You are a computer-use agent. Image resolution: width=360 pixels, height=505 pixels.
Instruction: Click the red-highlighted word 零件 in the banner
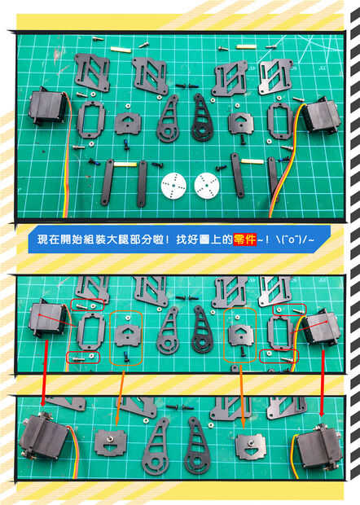(x=245, y=239)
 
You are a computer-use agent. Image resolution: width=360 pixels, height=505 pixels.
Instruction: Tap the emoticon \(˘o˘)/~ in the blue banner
(x=296, y=239)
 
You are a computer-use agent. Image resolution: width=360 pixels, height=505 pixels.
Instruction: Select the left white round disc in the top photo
(x=173, y=186)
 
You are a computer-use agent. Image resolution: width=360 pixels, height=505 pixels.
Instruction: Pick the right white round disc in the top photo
(x=207, y=185)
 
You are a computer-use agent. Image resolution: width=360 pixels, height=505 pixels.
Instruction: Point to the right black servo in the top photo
(x=321, y=116)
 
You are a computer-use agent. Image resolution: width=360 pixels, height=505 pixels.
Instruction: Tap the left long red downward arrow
(x=45, y=372)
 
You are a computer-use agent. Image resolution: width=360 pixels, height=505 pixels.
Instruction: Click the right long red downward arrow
(x=323, y=382)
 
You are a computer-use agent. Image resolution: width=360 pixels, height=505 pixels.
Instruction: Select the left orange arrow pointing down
(x=120, y=398)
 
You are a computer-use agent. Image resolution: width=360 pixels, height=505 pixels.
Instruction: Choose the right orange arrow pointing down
(x=242, y=397)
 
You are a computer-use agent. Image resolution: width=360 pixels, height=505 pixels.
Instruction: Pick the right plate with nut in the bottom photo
(x=252, y=446)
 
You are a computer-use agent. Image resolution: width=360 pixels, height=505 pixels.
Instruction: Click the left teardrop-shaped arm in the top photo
(x=168, y=121)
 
